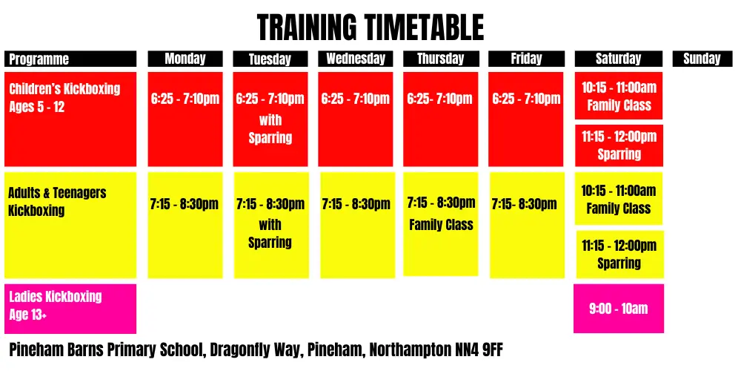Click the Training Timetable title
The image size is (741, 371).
click(x=370, y=28)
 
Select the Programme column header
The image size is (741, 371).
click(x=70, y=59)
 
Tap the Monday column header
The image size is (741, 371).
click(x=185, y=59)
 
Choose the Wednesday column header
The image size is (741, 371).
click(x=356, y=59)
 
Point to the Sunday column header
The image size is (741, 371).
click(x=701, y=59)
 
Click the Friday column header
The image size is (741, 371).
click(x=526, y=59)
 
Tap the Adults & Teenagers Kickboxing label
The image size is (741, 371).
click(x=57, y=201)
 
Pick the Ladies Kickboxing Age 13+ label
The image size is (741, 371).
click(x=56, y=305)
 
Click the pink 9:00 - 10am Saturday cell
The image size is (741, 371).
click(x=619, y=309)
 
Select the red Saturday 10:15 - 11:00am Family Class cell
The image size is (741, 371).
click(x=619, y=96)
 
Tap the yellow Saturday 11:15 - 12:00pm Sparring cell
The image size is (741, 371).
click(x=619, y=254)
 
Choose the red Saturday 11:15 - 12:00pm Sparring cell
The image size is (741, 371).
click(x=619, y=145)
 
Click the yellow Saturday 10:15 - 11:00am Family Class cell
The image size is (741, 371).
click(x=619, y=199)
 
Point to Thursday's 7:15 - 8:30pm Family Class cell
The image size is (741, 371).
click(x=441, y=214)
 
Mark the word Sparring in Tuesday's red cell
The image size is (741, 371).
click(x=270, y=138)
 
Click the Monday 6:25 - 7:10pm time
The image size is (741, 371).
click(x=185, y=99)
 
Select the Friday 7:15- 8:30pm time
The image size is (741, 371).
click(x=525, y=204)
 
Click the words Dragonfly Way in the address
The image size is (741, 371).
click(x=249, y=349)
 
